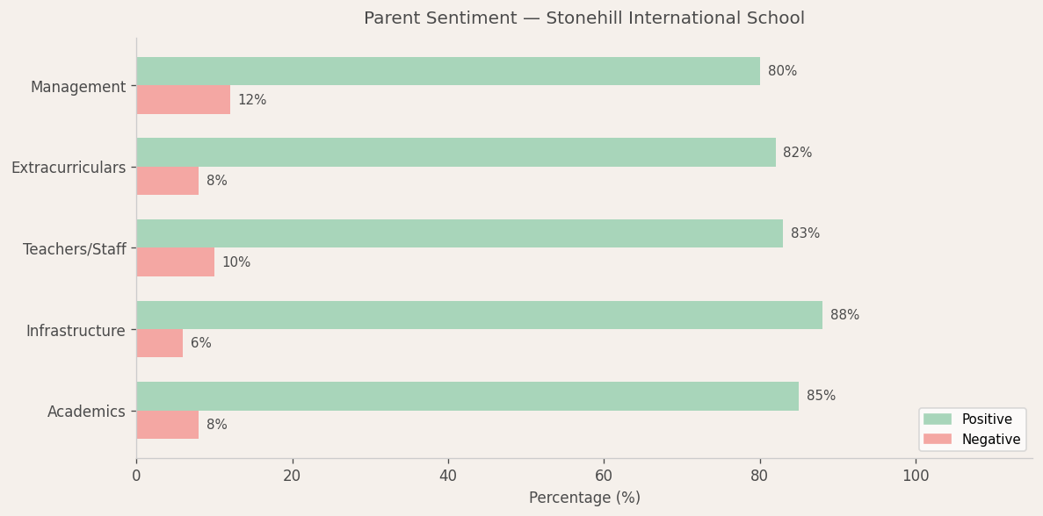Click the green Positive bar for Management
[448, 71]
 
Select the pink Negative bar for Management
[183, 100]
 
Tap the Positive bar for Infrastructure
[479, 315]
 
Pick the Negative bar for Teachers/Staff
[175, 262]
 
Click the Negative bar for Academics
[167, 425]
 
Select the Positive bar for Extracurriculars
[455, 153]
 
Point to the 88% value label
[844, 315]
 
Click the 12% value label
[252, 100]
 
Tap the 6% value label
[201, 343]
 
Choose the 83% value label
[805, 233]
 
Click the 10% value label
[236, 262]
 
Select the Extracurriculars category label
[69, 168]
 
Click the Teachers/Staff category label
[75, 249]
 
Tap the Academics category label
[86, 412]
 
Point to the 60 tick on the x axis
[604, 476]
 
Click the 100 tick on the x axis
[916, 476]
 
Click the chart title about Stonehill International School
[584, 18]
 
